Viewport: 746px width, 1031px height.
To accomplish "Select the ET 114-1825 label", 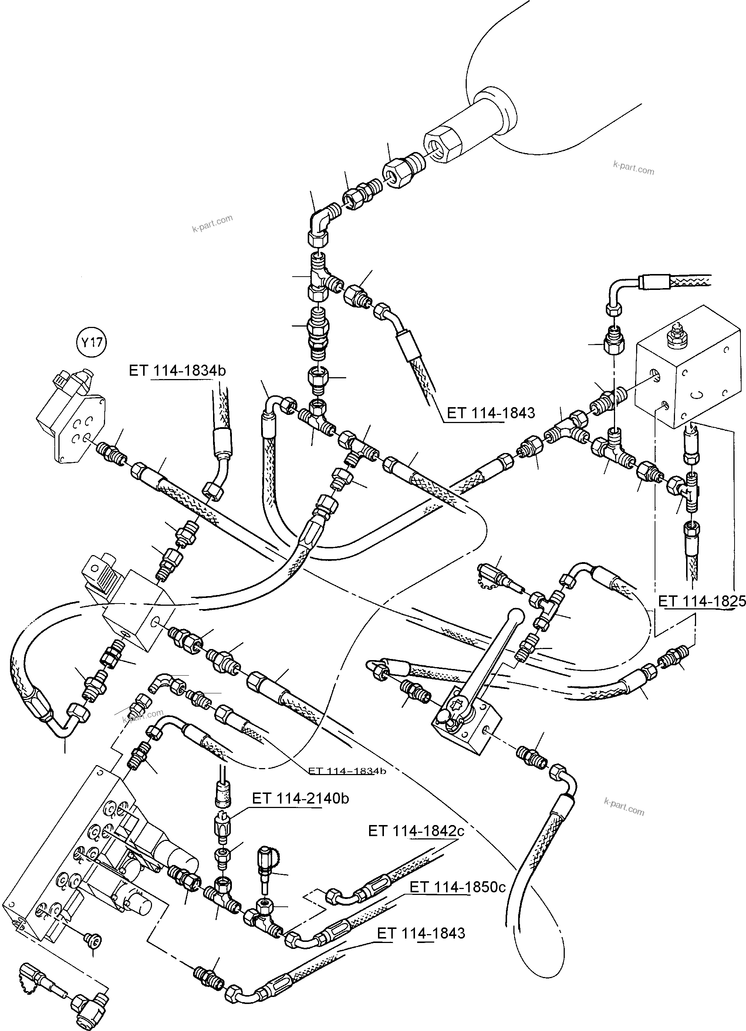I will (702, 601).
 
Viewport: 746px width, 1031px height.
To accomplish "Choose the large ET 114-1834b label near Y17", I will (177, 371).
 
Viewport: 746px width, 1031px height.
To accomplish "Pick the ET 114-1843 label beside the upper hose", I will (490, 413).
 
